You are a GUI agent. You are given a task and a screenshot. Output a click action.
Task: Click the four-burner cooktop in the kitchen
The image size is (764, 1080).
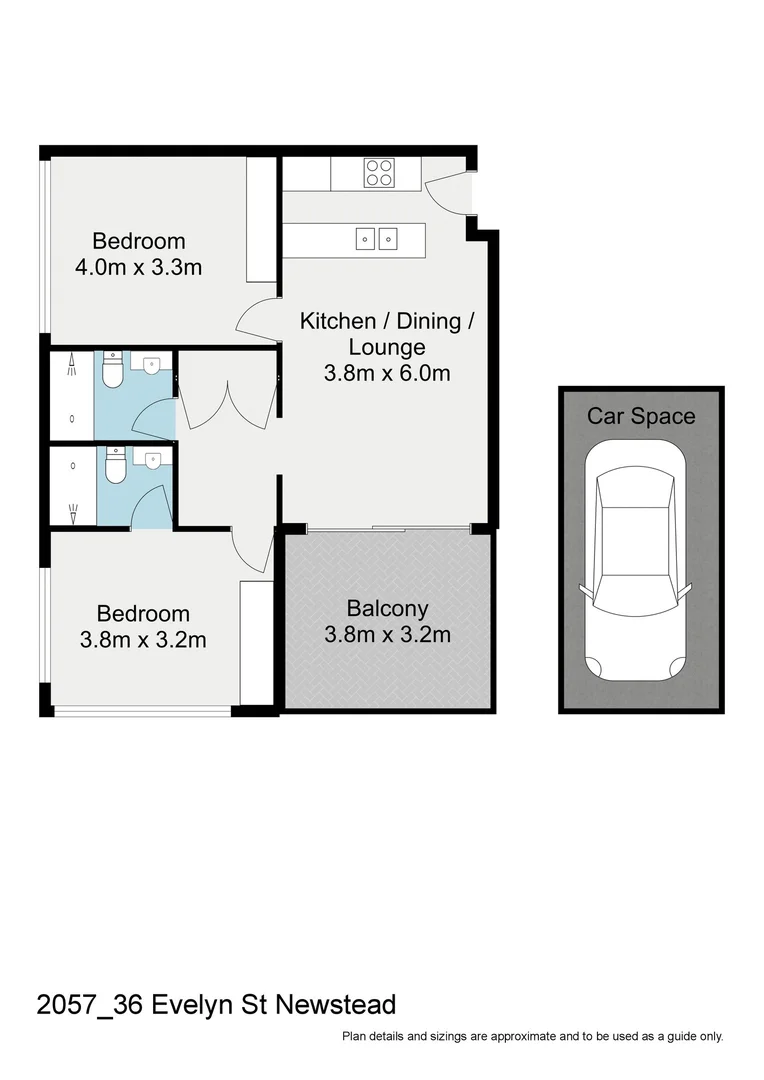[x=378, y=173]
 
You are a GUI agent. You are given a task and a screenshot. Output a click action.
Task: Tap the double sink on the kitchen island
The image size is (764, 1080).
[x=377, y=238]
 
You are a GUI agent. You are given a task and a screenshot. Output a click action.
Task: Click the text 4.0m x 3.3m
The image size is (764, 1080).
[x=139, y=268]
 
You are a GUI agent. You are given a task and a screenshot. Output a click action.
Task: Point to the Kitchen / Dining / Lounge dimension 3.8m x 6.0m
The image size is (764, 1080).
[x=386, y=374]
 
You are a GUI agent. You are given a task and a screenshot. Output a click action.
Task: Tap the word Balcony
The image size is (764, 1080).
[x=387, y=607]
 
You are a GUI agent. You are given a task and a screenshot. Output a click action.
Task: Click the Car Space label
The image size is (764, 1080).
[x=640, y=416]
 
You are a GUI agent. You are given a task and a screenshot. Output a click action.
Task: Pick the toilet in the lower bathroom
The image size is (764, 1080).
[x=116, y=465]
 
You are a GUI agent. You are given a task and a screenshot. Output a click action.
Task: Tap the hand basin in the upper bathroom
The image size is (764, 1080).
[x=152, y=363]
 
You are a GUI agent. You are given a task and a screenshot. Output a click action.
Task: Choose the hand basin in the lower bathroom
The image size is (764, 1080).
[x=152, y=459]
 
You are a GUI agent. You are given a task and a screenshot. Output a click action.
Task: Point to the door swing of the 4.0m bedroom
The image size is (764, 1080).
[x=256, y=318]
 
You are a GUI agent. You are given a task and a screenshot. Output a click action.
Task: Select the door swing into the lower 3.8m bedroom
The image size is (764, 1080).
[x=253, y=552]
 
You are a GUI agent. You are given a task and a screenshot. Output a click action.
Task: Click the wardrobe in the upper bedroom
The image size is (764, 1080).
[x=261, y=219]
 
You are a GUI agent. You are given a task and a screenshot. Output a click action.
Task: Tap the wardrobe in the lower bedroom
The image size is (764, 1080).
[x=257, y=641]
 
